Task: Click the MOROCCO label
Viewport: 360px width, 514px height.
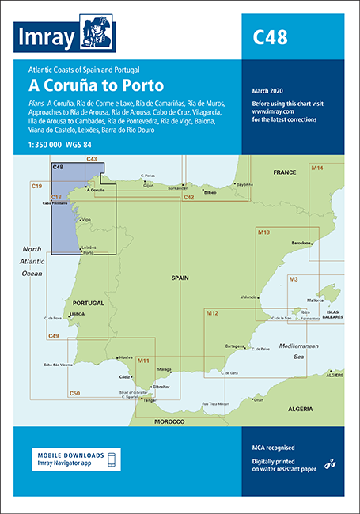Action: click(169, 421)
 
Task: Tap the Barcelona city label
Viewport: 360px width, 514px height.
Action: click(304, 244)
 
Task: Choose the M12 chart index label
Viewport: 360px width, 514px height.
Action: click(212, 314)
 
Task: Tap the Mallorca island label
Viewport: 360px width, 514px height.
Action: click(316, 300)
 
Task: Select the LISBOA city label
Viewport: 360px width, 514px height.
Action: click(78, 314)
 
